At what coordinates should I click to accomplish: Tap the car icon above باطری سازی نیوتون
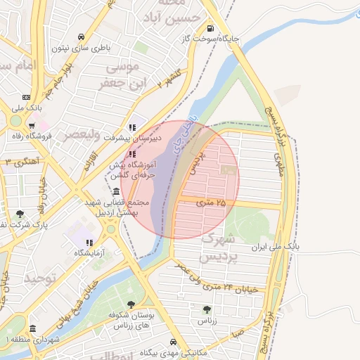pos(82,37)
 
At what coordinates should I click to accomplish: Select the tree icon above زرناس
pos(206,309)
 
